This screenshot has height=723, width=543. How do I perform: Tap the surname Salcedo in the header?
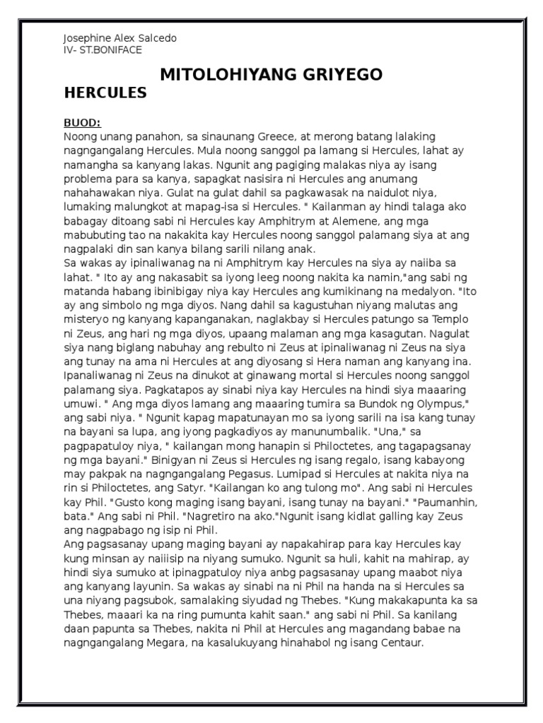pyautogui.click(x=157, y=37)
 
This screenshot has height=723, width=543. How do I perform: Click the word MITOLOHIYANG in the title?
pyautogui.click(x=228, y=74)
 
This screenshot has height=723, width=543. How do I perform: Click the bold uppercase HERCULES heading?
pyautogui.click(x=105, y=92)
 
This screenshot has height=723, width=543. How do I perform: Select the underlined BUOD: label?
pyautogui.click(x=82, y=121)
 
